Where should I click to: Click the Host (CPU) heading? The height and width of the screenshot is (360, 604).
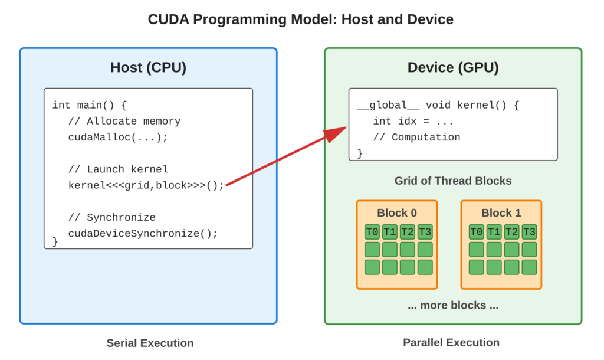[x=148, y=67]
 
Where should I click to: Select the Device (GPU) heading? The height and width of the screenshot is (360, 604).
[x=453, y=67]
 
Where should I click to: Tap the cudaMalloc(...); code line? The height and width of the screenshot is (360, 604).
[x=118, y=137]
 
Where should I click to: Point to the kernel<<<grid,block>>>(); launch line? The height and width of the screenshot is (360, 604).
[x=146, y=185]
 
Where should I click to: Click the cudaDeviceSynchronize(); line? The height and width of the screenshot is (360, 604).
[x=143, y=233]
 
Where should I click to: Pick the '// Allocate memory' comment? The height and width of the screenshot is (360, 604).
[x=124, y=121]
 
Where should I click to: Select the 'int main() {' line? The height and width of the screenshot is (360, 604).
[x=90, y=105]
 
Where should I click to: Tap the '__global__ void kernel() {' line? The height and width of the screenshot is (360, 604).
[x=438, y=105]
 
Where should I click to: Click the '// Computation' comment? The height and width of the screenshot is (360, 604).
[x=416, y=137]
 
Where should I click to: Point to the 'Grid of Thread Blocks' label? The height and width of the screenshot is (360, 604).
[x=453, y=181]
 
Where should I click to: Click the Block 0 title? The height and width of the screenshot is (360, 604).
[x=397, y=212]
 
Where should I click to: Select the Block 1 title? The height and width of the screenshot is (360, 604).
[x=501, y=212]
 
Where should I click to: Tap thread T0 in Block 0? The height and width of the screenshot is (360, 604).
[x=372, y=231]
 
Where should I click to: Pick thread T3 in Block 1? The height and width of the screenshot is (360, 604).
[x=529, y=231]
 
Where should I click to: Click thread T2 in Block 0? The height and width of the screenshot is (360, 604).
[x=407, y=231]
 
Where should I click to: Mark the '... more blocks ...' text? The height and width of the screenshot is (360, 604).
[x=453, y=305]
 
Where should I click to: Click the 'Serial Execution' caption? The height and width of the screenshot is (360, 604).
[x=150, y=343]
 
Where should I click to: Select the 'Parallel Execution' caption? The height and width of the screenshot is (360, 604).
[x=451, y=343]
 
